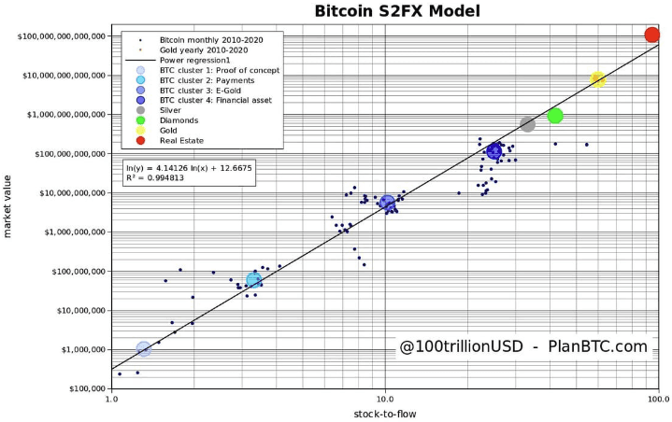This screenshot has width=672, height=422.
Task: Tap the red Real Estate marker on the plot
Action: click(x=652, y=35)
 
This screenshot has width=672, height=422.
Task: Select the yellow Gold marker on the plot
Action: click(x=598, y=79)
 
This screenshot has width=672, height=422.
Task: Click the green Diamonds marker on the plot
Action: click(x=555, y=116)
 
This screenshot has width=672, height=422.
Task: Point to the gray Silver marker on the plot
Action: click(x=528, y=124)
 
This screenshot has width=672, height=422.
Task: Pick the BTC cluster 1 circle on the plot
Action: click(x=144, y=348)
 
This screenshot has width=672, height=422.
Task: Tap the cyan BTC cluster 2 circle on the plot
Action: click(x=253, y=280)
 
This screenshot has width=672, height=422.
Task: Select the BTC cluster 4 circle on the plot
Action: click(x=494, y=151)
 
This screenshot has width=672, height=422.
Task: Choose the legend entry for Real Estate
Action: click(x=182, y=140)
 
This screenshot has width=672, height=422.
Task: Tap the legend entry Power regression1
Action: click(x=195, y=61)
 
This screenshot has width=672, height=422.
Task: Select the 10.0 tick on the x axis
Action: click(x=385, y=398)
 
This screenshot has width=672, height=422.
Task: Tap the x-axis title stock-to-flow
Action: click(x=384, y=414)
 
